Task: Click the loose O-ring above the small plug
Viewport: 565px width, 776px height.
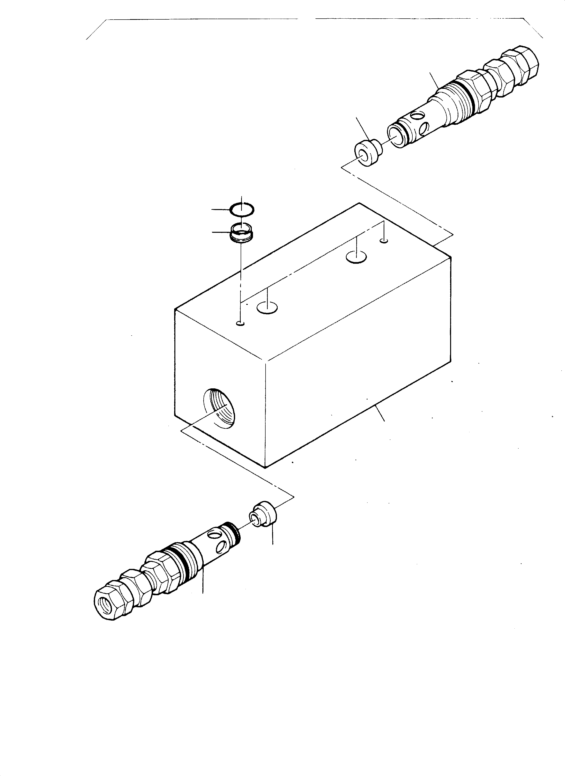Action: (242, 209)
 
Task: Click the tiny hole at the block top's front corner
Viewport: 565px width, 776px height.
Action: (241, 323)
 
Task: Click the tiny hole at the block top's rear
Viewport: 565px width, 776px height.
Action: (384, 241)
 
